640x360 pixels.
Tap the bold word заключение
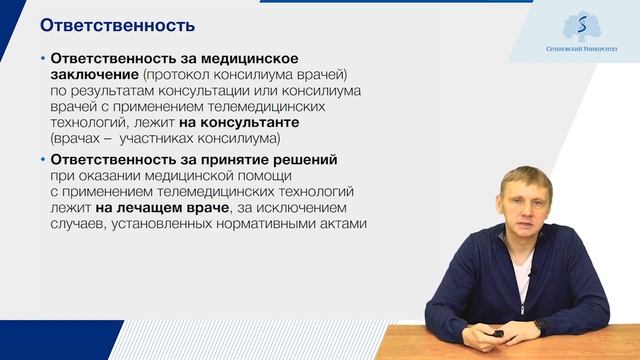pyautogui.click(x=94, y=75)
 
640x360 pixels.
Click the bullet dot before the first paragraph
pyautogui.click(x=41, y=59)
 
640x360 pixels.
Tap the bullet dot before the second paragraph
pyautogui.click(x=41, y=160)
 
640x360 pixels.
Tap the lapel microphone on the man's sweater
pyautogui.click(x=530, y=273)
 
